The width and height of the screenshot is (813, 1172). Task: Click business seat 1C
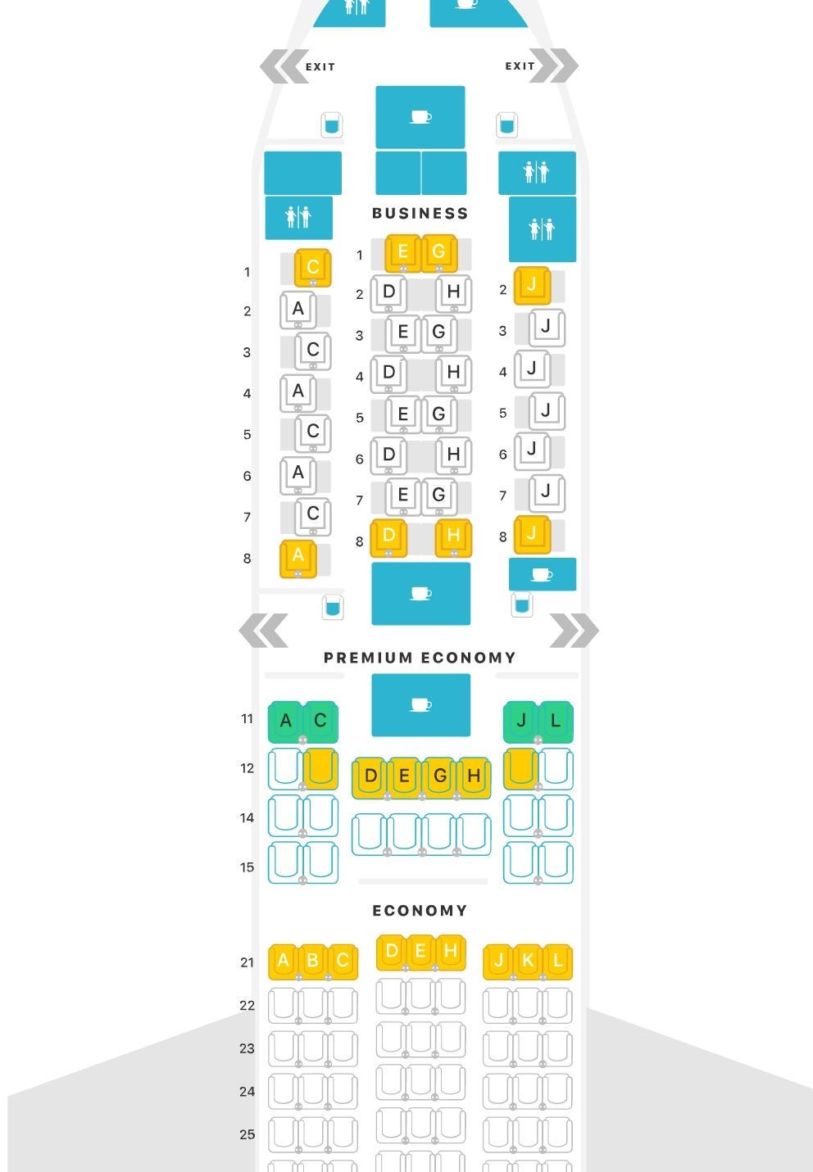click(313, 267)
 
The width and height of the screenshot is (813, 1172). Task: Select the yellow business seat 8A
click(298, 557)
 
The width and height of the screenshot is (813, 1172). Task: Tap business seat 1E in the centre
click(402, 252)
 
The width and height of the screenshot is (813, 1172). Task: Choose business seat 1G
click(438, 252)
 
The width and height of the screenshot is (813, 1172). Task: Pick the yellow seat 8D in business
click(388, 536)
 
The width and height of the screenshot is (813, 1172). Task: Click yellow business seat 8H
click(453, 536)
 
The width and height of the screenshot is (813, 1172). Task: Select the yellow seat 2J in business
click(532, 285)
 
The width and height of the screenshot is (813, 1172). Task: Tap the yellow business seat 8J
click(532, 534)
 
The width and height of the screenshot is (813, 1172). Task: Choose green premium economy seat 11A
click(286, 721)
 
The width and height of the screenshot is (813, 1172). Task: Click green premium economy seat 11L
click(556, 721)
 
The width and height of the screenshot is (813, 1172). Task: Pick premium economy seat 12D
click(370, 776)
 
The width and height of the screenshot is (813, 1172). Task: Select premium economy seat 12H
click(474, 776)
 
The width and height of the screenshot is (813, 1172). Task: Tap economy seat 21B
click(313, 961)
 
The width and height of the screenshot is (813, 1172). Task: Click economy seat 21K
click(528, 961)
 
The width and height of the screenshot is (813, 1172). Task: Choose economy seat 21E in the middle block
click(420, 951)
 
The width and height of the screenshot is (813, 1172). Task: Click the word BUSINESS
click(420, 214)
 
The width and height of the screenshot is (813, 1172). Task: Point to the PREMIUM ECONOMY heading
click(420, 658)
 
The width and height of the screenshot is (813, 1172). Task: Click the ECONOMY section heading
click(420, 911)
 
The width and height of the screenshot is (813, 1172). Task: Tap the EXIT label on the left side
click(320, 67)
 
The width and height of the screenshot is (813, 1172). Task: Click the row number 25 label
click(247, 1134)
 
